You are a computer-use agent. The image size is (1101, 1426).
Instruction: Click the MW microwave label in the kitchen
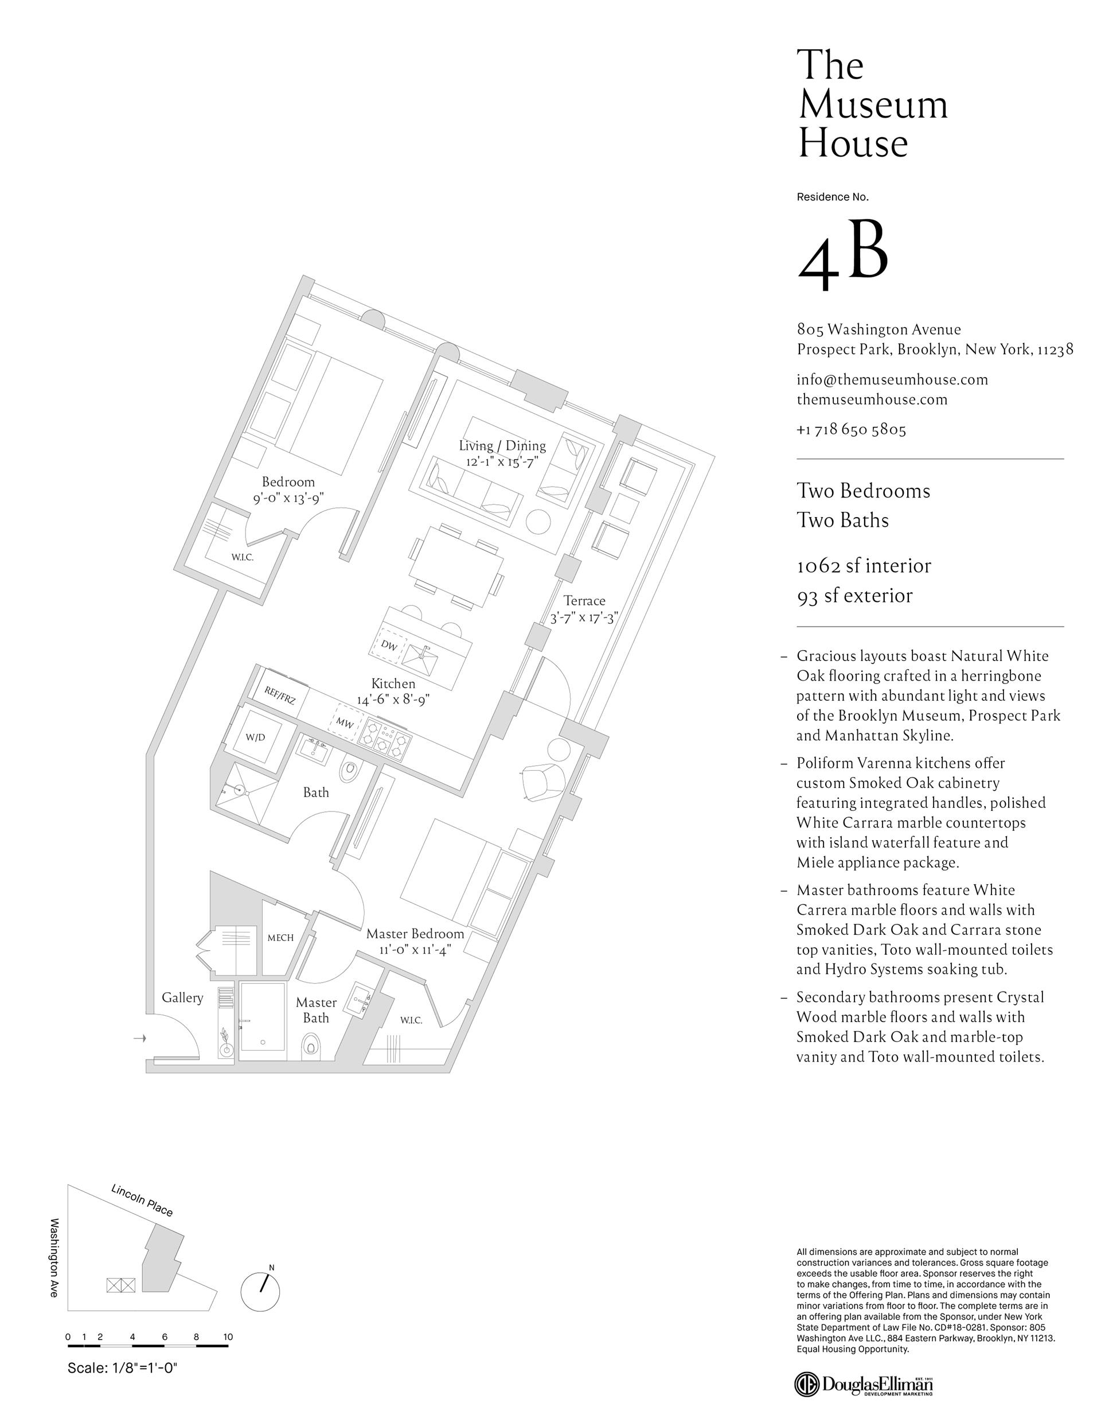pos(345,723)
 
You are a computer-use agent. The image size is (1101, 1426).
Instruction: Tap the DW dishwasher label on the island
pos(389,646)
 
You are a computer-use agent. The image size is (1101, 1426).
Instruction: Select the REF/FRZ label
pos(279,695)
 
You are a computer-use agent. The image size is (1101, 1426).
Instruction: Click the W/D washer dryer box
pos(255,737)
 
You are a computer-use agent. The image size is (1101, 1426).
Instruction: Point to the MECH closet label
pos(280,938)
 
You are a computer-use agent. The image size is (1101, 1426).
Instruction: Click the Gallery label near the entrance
pos(182,998)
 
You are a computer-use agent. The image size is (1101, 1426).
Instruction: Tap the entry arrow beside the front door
pos(138,1038)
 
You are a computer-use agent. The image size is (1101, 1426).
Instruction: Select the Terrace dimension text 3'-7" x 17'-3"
pos(583,617)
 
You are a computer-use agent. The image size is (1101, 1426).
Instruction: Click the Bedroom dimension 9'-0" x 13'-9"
pos(288,498)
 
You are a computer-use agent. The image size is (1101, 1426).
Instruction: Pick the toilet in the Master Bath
pos(311,1046)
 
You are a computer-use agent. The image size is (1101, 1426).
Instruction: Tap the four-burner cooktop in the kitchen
pos(384,737)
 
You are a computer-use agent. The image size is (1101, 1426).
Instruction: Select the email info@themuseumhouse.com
pos(892,379)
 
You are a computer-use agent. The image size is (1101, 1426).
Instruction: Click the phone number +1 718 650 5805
pos(851,430)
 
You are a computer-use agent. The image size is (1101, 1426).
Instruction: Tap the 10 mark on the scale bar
pos(228,1337)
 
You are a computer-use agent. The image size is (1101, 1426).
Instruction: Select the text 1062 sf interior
pos(864,565)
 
